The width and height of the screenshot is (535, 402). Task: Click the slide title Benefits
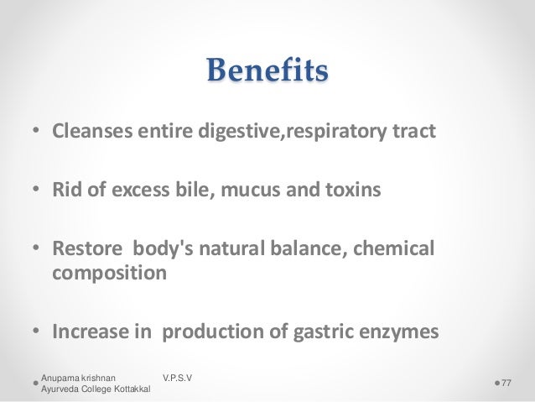[267, 72]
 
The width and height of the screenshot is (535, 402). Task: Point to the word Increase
[88, 332]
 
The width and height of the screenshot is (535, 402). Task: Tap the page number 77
[506, 383]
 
